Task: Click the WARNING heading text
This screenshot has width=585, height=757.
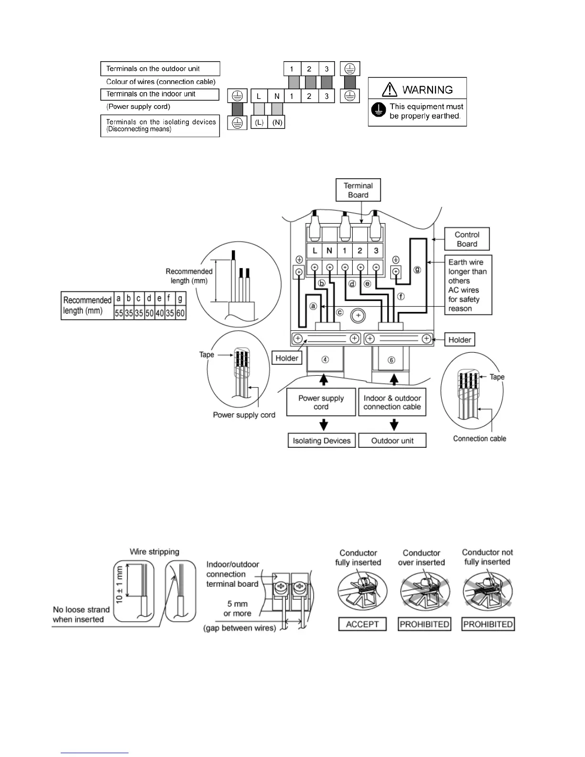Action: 427,89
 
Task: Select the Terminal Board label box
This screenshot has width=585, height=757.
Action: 358,190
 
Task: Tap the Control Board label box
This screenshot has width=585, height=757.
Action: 467,239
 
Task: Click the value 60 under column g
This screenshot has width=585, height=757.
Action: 180,313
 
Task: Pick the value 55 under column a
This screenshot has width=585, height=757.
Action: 119,313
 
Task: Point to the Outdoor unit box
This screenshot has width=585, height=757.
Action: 392,440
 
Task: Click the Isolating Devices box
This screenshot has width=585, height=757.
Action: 322,440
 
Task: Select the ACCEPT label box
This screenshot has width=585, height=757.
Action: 362,624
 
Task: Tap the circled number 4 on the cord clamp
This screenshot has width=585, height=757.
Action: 325,359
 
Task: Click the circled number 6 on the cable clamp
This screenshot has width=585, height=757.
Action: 391,360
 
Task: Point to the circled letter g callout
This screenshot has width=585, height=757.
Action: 417,270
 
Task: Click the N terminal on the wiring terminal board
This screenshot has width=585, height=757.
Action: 329,250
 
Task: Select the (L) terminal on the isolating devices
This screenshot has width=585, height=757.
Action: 259,122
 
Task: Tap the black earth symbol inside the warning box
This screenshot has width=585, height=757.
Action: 379,110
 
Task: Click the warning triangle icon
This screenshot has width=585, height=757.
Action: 390,89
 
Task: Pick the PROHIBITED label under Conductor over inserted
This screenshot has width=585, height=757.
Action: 424,624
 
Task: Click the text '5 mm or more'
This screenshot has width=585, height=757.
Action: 237,608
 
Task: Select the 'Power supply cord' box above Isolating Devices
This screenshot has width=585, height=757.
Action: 321,402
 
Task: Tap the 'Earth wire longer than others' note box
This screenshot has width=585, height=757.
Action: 468,285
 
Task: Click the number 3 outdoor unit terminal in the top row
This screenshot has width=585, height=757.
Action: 326,69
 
